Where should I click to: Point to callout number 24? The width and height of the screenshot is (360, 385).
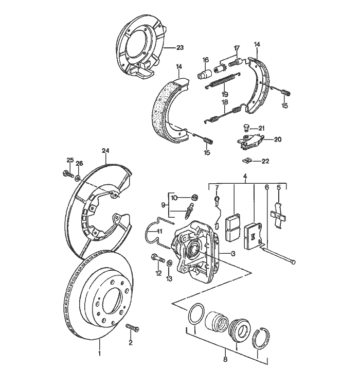[106, 151]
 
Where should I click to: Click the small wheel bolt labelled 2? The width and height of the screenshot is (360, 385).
[130, 328]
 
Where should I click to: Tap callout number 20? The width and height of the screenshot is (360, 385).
[278, 139]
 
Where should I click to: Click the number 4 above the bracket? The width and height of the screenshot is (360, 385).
[245, 176]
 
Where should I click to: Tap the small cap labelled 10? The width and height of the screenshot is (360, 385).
[194, 198]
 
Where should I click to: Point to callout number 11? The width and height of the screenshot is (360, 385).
[159, 231]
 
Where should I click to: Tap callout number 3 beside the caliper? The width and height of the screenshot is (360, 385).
[233, 253]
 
